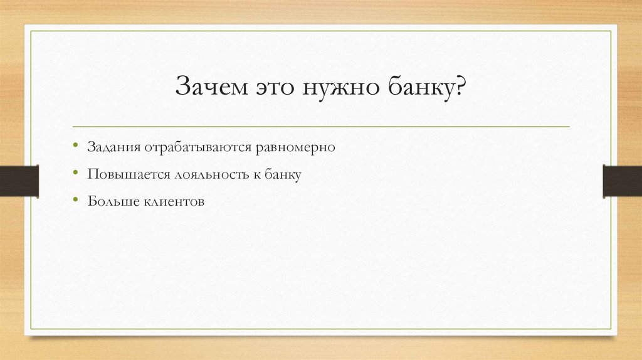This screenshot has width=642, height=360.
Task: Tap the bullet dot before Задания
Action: click(75, 146)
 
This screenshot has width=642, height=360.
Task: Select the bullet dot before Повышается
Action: click(75, 174)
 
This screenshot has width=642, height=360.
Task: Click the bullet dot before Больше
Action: click(75, 201)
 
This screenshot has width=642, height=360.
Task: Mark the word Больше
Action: click(110, 202)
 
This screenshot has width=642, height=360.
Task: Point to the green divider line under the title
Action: click(321, 127)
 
